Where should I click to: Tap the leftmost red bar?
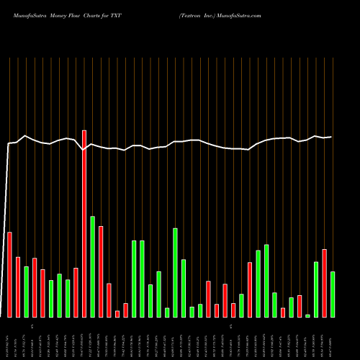coord(9,274)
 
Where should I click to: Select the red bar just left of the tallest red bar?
coord(76,292)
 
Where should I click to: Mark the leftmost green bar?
coord(26,292)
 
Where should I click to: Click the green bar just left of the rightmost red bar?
coord(316,289)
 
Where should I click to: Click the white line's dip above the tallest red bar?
coord(84,150)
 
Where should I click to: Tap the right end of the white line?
coord(332,137)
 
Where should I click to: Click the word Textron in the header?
coord(192,14)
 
